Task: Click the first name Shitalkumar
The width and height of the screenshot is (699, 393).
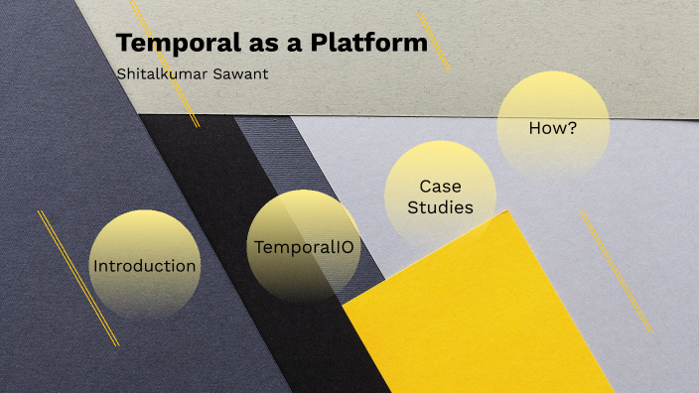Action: point(159,73)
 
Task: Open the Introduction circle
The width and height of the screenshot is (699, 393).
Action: point(144,265)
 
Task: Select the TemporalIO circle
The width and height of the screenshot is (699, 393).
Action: point(303,245)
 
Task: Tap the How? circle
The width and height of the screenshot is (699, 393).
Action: point(552,128)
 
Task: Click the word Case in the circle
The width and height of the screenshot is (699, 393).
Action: point(440,187)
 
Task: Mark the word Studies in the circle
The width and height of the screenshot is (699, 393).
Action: point(440,207)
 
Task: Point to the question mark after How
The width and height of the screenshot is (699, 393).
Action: point(573,128)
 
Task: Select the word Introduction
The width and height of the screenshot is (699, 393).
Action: point(144,266)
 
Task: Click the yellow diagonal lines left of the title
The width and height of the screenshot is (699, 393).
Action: point(165,64)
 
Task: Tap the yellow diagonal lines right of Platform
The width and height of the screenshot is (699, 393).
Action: point(434,42)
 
